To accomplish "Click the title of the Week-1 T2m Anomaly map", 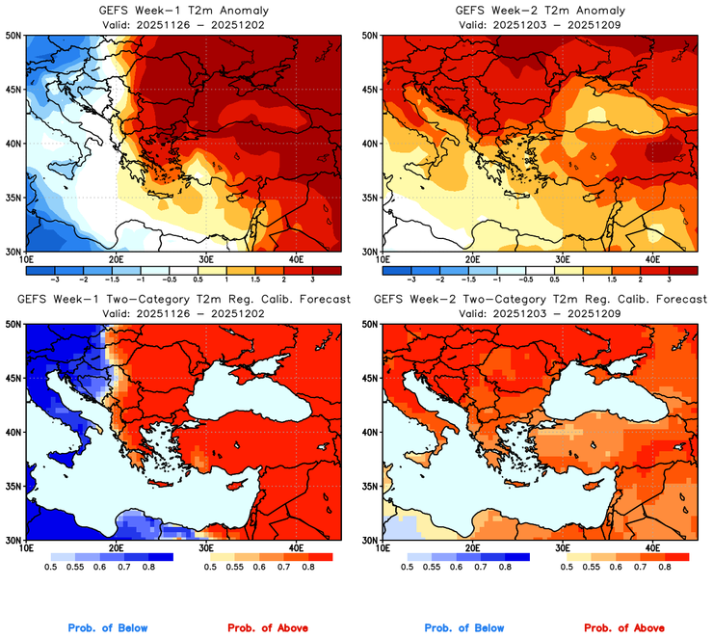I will click(182, 11).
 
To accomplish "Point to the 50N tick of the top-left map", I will click(14, 36).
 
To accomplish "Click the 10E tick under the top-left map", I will click(26, 259).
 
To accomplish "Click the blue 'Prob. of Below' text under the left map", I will click(108, 628).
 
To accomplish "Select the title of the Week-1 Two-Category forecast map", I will click(182, 300).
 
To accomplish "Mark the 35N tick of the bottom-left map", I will click(14, 486).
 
